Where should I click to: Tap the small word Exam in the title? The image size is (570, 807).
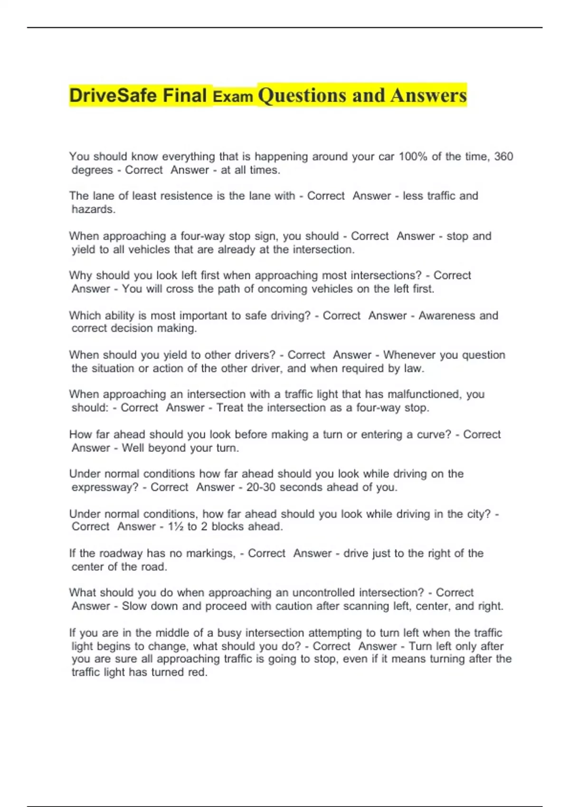click(233, 97)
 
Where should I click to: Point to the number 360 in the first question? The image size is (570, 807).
click(503, 157)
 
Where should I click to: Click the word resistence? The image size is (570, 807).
click(173, 196)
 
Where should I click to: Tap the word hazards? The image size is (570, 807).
click(93, 209)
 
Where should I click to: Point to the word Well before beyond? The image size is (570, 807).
click(133, 448)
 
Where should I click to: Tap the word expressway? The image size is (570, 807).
click(105, 488)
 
